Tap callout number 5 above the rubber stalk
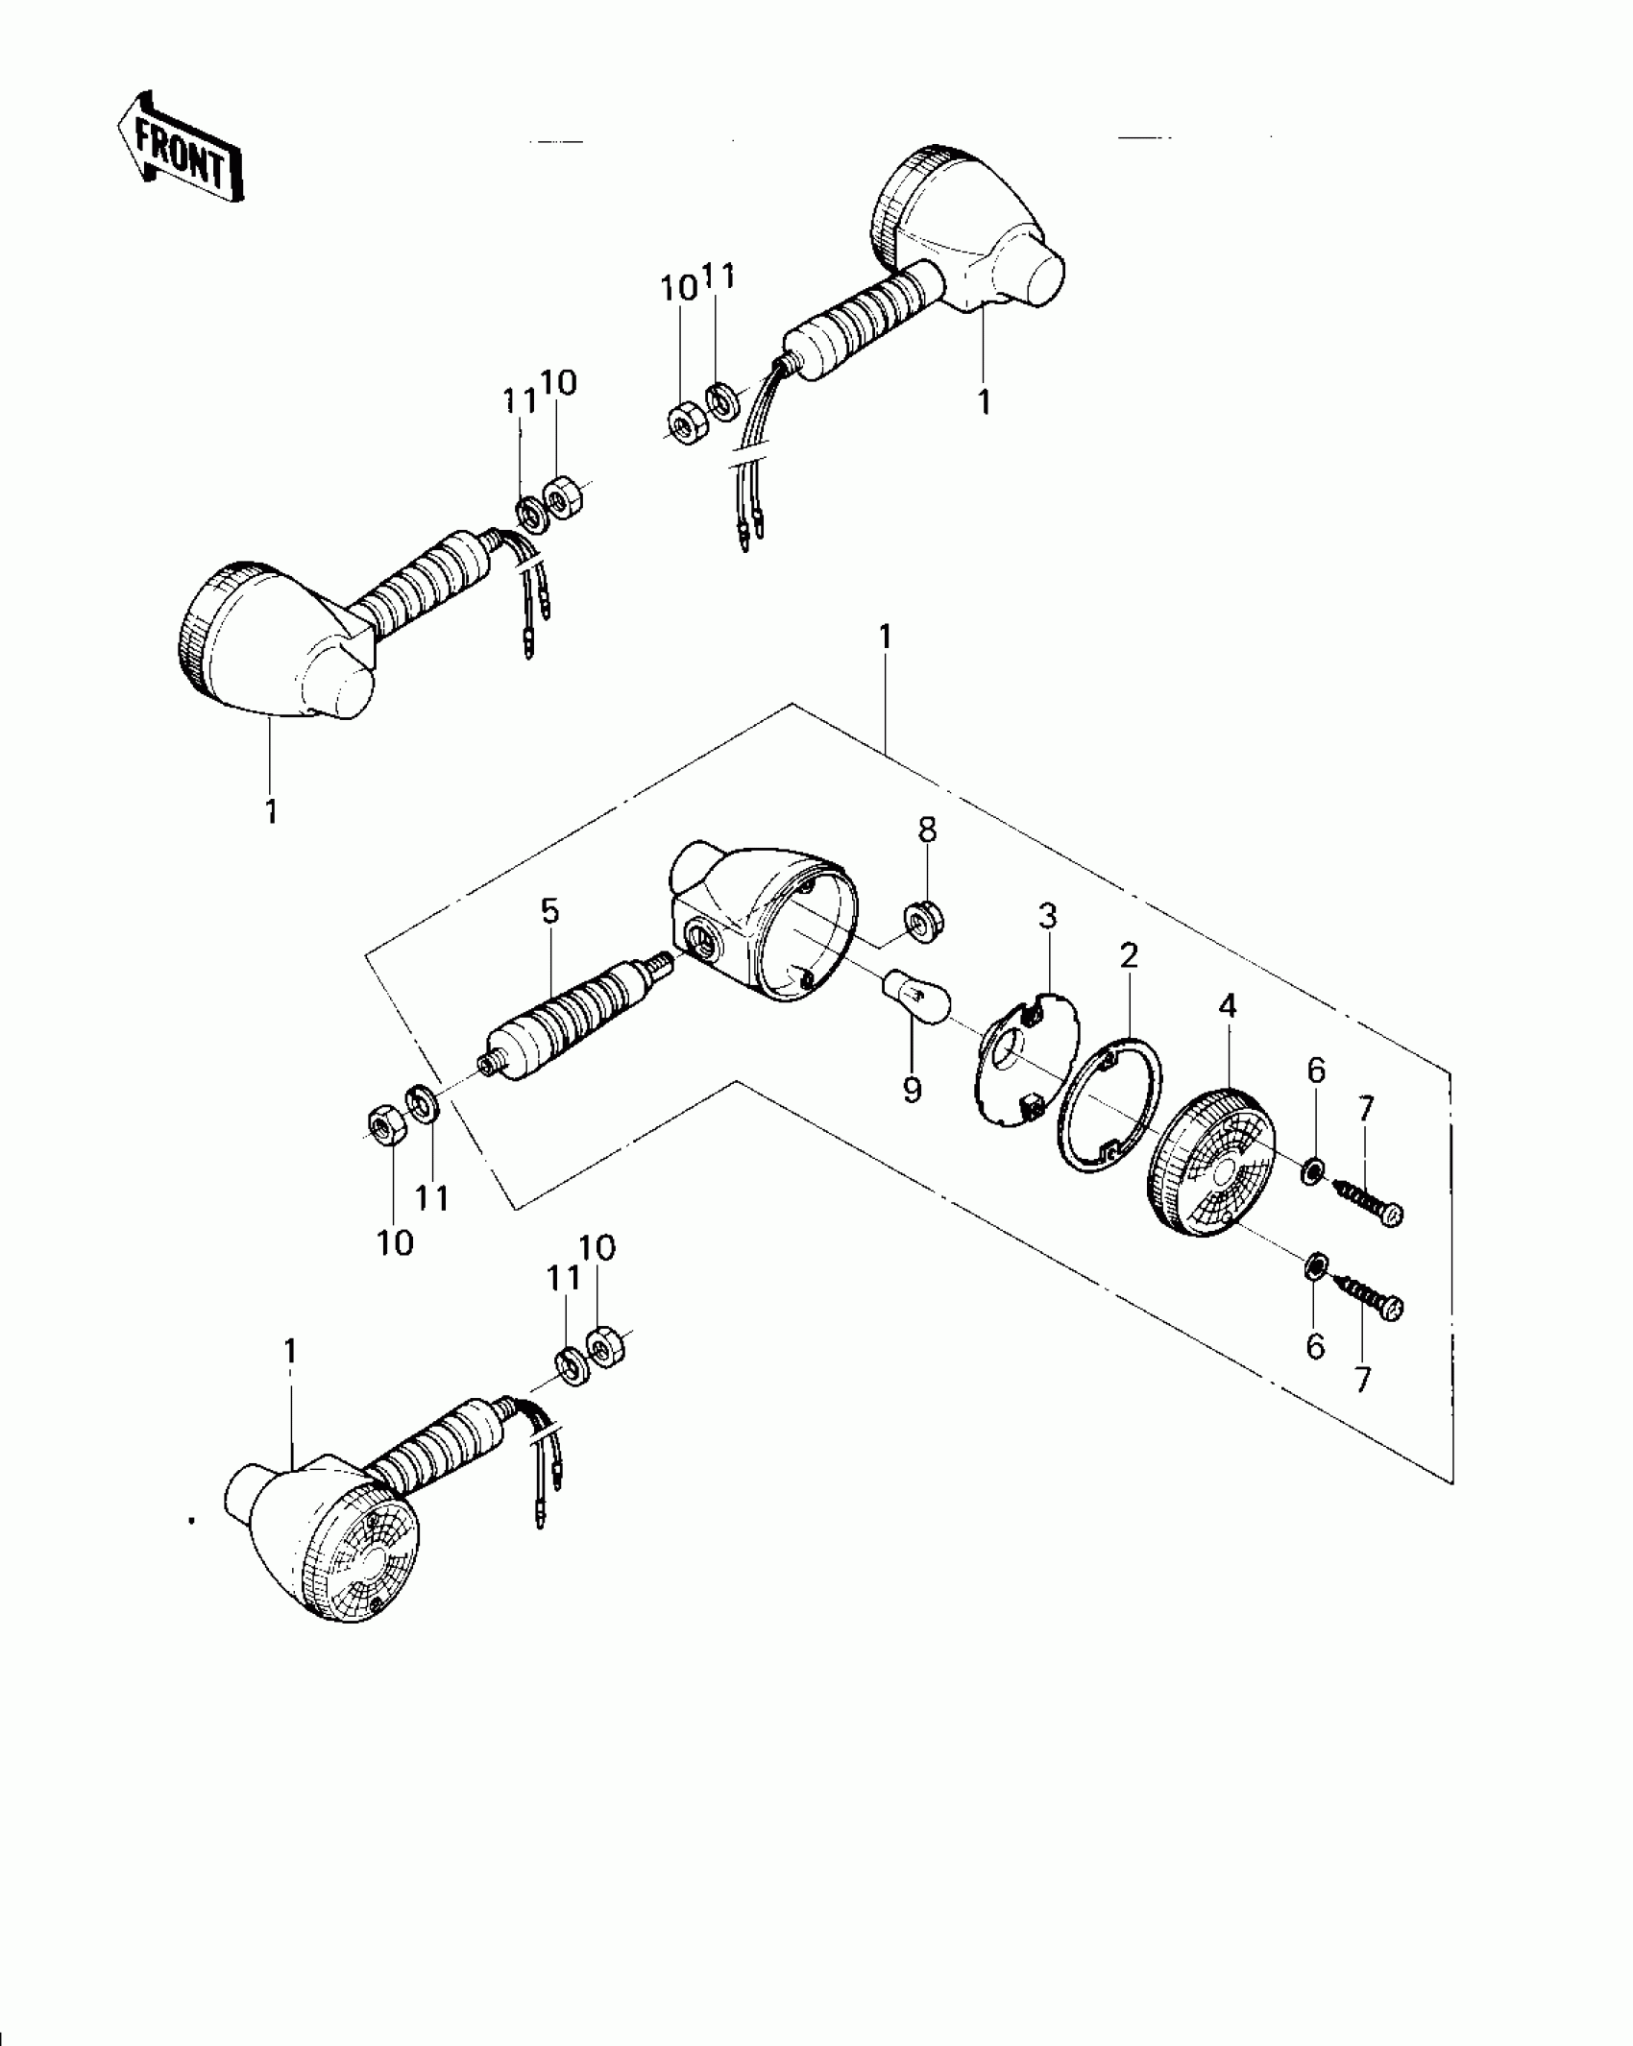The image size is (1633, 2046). tap(549, 911)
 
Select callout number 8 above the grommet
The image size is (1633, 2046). tap(927, 830)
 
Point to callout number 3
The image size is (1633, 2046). tap(1048, 917)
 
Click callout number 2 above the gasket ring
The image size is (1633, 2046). tap(1129, 955)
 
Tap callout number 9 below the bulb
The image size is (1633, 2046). tap(912, 1090)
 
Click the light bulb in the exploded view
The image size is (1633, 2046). tap(917, 994)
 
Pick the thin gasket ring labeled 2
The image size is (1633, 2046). tap(1109, 1104)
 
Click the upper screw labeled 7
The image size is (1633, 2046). tap(1369, 1201)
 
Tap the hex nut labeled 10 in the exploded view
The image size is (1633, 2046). tap(384, 1121)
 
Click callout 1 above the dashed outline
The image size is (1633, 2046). tap(886, 637)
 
